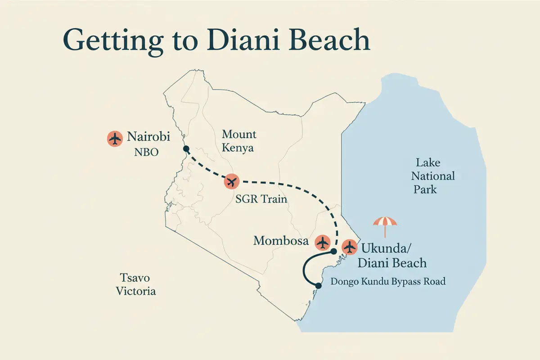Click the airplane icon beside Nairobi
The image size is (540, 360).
(115, 138)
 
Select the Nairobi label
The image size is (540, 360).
(148, 137)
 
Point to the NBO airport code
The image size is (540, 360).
(146, 152)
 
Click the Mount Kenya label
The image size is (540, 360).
(238, 141)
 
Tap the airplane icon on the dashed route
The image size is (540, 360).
(232, 182)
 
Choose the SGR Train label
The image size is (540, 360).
(261, 199)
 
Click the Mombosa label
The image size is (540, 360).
(281, 241)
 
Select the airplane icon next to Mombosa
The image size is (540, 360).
(322, 243)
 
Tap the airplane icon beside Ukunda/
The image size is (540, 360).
(349, 247)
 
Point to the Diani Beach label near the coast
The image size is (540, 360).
(394, 262)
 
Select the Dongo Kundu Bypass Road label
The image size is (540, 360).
(388, 282)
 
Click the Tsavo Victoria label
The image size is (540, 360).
(136, 284)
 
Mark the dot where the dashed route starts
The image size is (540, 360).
(186, 149)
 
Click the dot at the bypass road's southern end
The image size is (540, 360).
(318, 285)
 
